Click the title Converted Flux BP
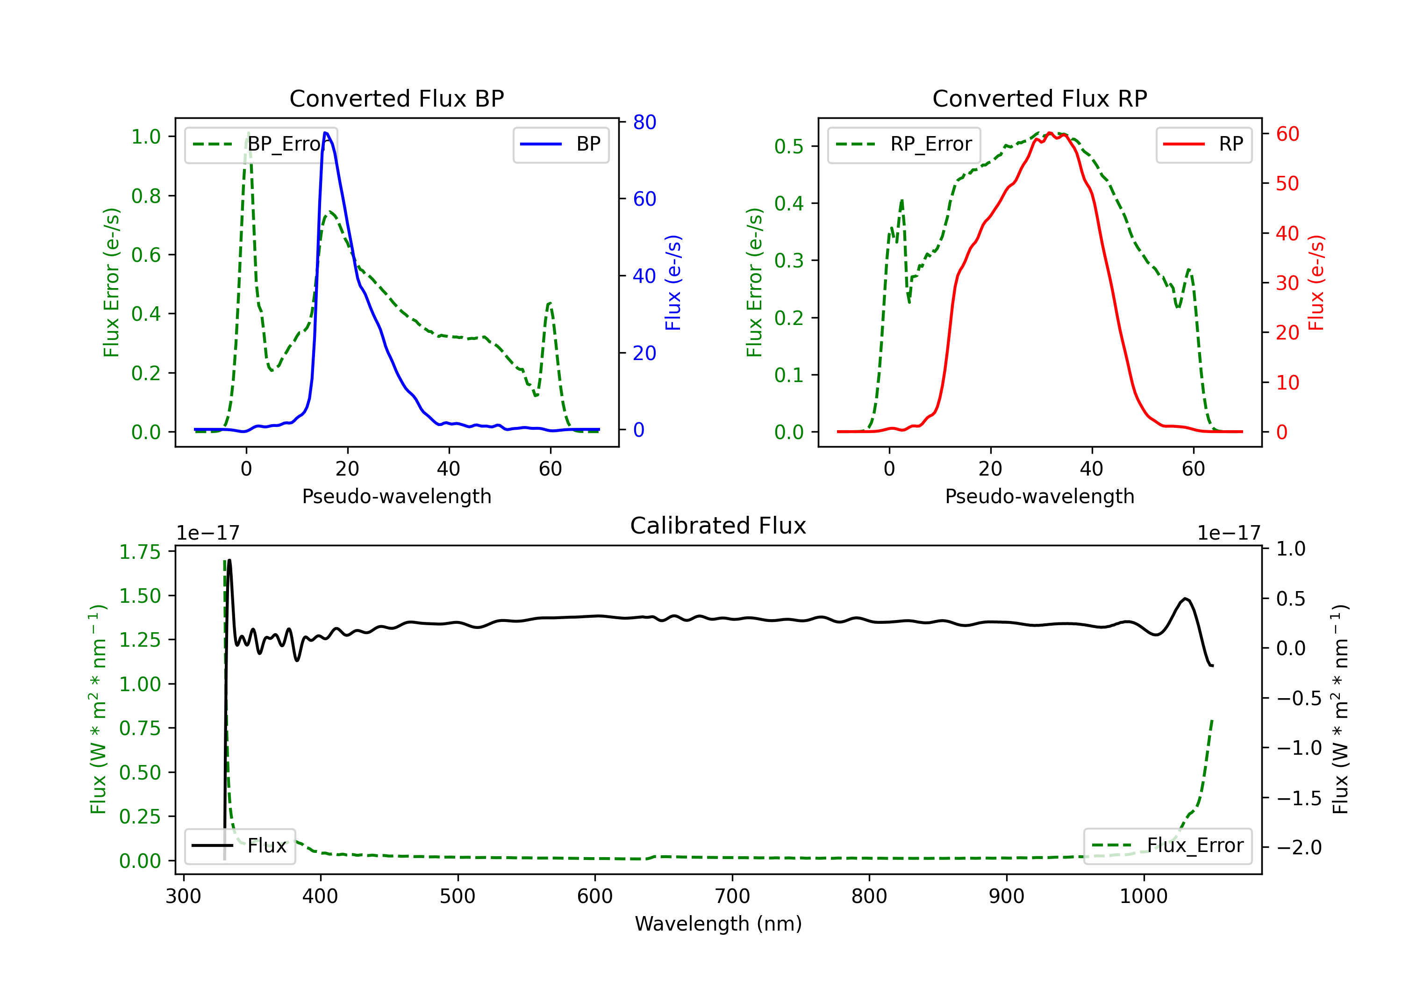pos(396,98)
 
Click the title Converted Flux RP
pos(1039,98)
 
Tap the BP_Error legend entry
pos(261,144)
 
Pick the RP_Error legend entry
pos(904,144)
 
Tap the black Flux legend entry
pos(240,846)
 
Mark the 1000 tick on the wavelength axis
pos(1143,896)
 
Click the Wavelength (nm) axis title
pos(718,924)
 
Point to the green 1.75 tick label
pos(140,552)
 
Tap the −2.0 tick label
pos(1299,847)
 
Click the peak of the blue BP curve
pos(325,133)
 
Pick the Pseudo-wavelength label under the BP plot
pos(396,496)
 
